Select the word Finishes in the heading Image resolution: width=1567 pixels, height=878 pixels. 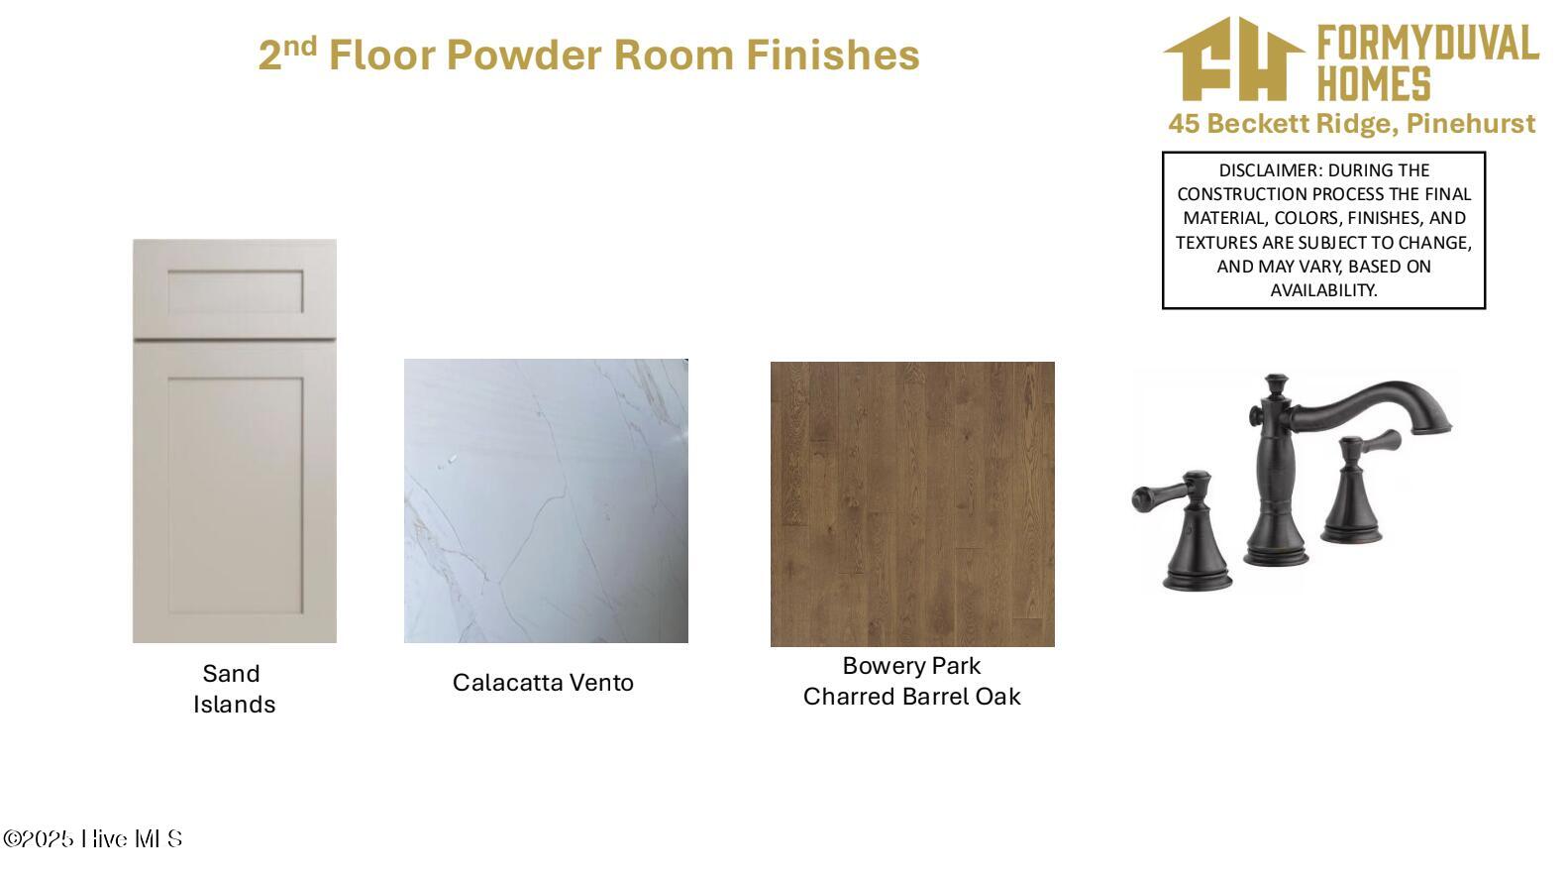pyautogui.click(x=832, y=55)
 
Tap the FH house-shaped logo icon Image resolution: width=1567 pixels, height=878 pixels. pyautogui.click(x=1234, y=59)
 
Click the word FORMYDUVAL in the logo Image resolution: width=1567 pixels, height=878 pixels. pyautogui.click(x=1427, y=44)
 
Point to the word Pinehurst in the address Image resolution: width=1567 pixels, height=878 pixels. pyautogui.click(x=1471, y=124)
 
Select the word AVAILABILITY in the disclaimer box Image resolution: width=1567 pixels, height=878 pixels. pyautogui.click(x=1323, y=290)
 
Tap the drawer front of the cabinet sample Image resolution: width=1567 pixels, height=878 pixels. pyautogui.click(x=235, y=290)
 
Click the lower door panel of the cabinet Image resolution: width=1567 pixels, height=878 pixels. pyautogui.click(x=235, y=494)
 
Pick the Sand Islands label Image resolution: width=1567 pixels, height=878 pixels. pyautogui.click(x=234, y=689)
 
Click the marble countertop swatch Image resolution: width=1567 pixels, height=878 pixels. pyautogui.click(x=546, y=500)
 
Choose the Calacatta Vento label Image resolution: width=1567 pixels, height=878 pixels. pyautogui.click(x=543, y=682)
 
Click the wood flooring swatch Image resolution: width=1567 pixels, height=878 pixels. pyautogui.click(x=912, y=503)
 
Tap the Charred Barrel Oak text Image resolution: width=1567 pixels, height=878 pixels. pyautogui.click(x=911, y=697)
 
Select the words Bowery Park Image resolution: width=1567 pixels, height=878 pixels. pyautogui.click(x=911, y=665)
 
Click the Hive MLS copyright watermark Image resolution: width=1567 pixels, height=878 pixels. pyautogui.click(x=92, y=838)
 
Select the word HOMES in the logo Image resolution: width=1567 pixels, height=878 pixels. pyautogui.click(x=1374, y=84)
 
